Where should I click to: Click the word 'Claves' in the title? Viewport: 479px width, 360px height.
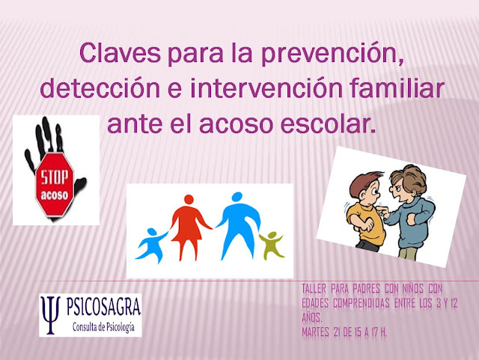coord(120,53)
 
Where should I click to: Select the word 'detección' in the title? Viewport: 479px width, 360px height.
coord(100,88)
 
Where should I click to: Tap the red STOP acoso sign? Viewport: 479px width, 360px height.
coord(55,186)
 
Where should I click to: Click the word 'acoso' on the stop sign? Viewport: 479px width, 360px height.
coord(55,195)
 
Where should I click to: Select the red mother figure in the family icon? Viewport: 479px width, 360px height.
coord(189,227)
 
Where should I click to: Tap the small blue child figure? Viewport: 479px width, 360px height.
coord(152,245)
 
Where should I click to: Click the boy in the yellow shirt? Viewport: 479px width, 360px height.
coord(365,210)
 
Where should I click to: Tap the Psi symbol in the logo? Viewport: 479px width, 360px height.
coord(51,315)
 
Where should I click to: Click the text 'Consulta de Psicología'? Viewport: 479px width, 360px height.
coord(103,327)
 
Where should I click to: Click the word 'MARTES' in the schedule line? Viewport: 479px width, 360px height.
coord(315,332)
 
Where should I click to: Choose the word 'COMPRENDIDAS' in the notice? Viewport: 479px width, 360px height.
coord(361,303)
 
